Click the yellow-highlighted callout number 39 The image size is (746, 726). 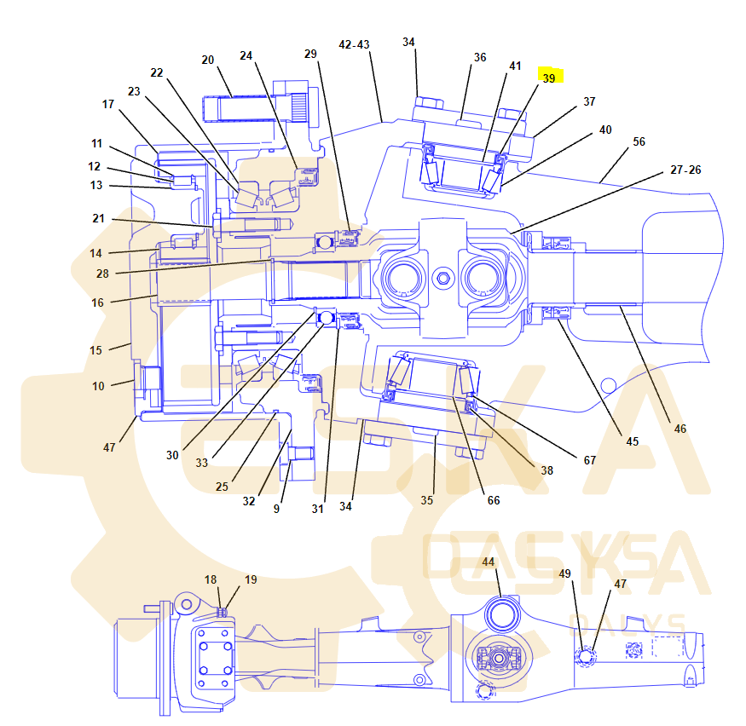tap(549, 78)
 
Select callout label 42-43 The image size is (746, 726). tap(354, 44)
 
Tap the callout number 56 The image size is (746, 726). tap(639, 141)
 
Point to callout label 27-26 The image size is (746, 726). tap(685, 170)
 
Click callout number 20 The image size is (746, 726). tap(208, 60)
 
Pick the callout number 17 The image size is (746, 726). tap(108, 104)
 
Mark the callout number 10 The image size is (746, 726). tap(98, 386)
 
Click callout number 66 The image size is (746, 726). tap(494, 500)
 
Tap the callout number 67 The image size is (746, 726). tap(590, 460)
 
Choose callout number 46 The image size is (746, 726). tap(679, 429)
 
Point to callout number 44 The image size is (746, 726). tap(488, 562)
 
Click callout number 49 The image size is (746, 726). tap(564, 573)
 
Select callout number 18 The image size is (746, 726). tap(211, 579)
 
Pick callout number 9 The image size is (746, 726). tap(276, 509)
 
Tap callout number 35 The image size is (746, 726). tap(426, 500)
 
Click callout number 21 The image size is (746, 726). tap(98, 219)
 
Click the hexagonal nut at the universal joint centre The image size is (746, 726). tap(442, 278)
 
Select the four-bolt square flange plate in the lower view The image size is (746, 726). tap(213, 658)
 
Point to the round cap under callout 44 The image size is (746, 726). tap(500, 614)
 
